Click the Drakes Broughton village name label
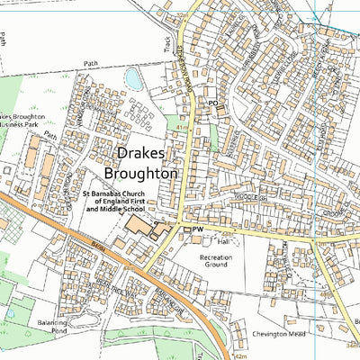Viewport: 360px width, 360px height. pyautogui.click(x=140, y=163)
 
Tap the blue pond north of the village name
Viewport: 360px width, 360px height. pyautogui.click(x=133, y=79)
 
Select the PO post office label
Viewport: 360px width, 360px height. pyautogui.click(x=213, y=104)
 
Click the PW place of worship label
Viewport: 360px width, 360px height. pyautogui.click(x=198, y=230)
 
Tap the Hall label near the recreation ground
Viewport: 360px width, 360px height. pyautogui.click(x=223, y=242)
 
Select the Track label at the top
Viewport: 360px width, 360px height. pyautogui.click(x=166, y=42)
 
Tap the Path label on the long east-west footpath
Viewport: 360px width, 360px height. pyautogui.click(x=90, y=64)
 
